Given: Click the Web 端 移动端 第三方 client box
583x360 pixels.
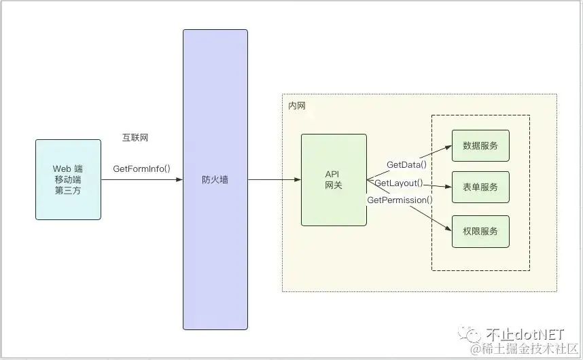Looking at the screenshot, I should (x=68, y=179).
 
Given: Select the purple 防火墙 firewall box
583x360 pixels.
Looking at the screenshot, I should (x=215, y=136).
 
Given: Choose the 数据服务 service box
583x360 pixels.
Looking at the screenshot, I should (x=480, y=145).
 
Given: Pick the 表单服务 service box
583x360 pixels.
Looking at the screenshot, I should (x=480, y=187).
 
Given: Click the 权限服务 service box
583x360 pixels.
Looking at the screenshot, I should (x=480, y=231).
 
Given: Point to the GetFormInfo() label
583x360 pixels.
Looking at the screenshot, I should (x=141, y=168).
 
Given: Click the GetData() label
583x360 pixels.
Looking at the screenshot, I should (x=406, y=164).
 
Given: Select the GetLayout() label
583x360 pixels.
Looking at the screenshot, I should (x=399, y=183).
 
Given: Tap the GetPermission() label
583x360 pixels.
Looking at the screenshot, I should (x=400, y=200).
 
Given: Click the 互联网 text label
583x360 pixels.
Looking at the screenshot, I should (x=135, y=138).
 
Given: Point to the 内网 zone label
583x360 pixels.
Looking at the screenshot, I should (x=297, y=107).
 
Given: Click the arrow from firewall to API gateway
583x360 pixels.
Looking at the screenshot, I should (x=275, y=180).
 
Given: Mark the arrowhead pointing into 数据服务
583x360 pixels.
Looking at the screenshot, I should (x=448, y=147).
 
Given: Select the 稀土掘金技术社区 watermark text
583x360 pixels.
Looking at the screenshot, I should (x=533, y=349).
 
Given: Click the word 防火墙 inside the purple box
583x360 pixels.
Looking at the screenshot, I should (x=215, y=180).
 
